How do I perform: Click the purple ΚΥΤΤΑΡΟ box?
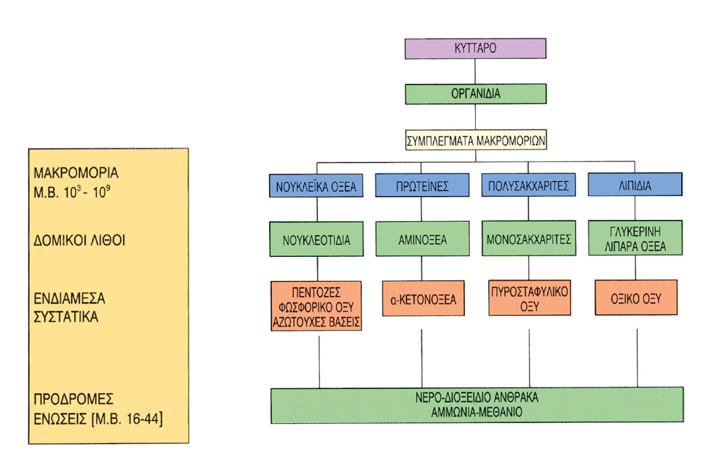(475, 49)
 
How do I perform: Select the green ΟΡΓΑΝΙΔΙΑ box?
(476, 93)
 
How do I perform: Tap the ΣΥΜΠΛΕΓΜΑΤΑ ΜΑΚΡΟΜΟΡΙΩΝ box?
(476, 139)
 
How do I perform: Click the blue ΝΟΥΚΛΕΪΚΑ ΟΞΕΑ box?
(316, 185)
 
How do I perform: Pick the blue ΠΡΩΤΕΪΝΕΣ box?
(422, 185)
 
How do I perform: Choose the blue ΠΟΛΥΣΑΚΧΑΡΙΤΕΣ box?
(529, 185)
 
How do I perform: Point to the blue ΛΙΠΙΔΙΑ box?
(635, 184)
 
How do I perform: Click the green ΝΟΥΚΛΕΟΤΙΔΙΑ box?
(316, 239)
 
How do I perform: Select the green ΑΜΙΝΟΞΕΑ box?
(422, 239)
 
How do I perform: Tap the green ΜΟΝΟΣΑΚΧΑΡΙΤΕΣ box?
(529, 238)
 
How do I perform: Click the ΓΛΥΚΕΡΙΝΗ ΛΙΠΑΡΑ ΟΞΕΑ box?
(635, 238)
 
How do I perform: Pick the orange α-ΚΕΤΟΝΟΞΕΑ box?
(424, 299)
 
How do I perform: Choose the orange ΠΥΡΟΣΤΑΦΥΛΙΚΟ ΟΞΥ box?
(529, 297)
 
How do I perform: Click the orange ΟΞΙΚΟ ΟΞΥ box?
(636, 297)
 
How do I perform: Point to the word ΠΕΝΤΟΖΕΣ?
(316, 292)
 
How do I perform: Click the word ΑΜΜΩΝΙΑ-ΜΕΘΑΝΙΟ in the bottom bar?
(476, 412)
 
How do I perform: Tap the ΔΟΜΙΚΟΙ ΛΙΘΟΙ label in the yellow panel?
(79, 240)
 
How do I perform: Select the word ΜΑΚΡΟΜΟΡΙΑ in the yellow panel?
(76, 173)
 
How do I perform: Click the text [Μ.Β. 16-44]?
(127, 419)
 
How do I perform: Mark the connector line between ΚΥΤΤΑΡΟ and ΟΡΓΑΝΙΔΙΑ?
(475, 71)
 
